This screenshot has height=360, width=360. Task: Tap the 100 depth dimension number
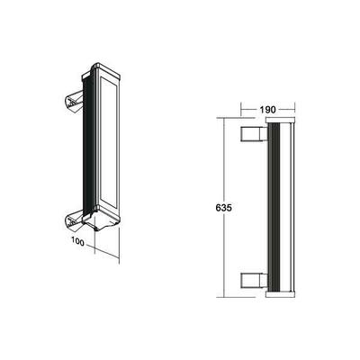79,241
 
